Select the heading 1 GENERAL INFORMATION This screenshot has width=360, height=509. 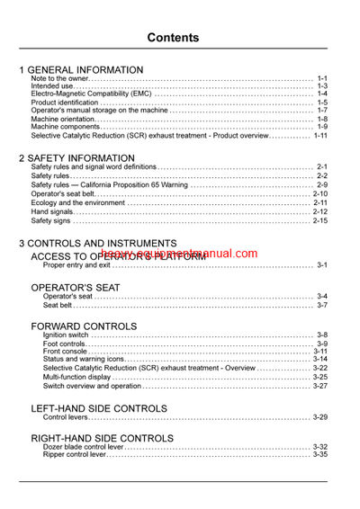[x=81, y=69]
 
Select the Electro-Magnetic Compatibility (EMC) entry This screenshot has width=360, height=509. [x=91, y=94]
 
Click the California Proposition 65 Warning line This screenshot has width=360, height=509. [x=109, y=185]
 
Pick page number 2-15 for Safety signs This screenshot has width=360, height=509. [x=320, y=220]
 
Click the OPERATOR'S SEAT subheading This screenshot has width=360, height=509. [x=75, y=287]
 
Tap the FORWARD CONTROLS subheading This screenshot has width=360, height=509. [x=84, y=326]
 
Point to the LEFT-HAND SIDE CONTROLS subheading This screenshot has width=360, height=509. [x=98, y=408]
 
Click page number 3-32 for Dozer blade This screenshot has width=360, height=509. [x=320, y=447]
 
